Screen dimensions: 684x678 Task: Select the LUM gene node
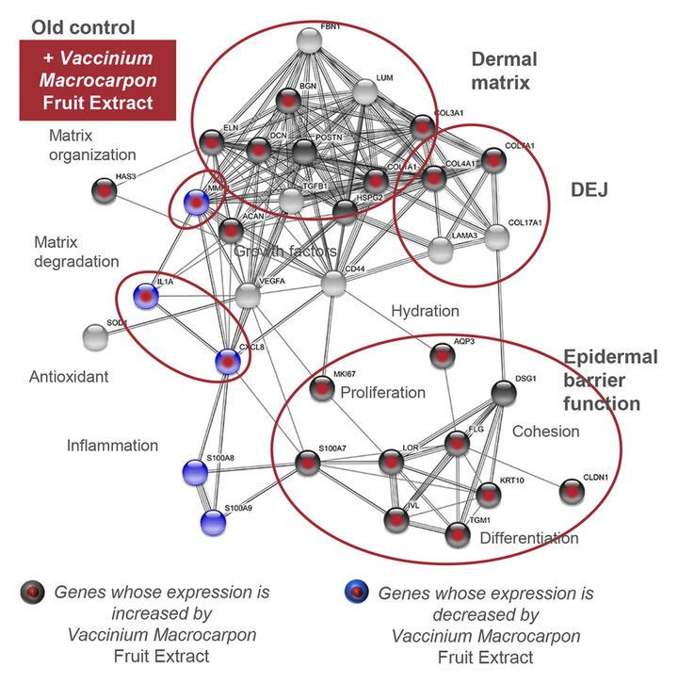click(x=366, y=91)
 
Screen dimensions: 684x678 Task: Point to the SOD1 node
click(x=95, y=335)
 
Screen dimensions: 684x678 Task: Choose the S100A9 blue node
click(x=214, y=521)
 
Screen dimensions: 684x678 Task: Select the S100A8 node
click(x=194, y=470)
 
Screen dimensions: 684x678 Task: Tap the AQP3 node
click(x=444, y=356)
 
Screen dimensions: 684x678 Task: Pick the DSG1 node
click(x=504, y=394)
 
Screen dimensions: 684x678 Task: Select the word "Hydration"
click(x=425, y=311)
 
